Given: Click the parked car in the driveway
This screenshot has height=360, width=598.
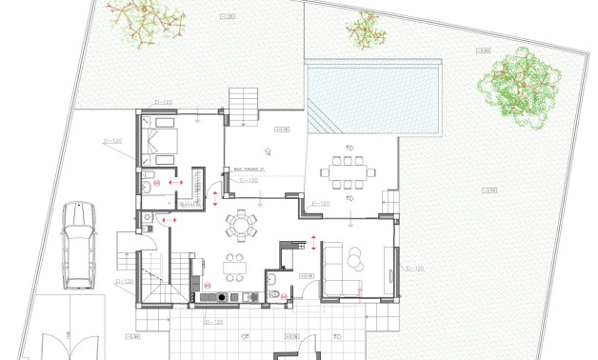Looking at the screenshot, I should [79, 245].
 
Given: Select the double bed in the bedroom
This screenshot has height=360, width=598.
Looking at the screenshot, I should [160, 140].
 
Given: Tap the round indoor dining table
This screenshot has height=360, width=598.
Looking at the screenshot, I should [241, 226].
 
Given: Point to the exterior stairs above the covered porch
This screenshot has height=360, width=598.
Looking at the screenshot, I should [243, 104].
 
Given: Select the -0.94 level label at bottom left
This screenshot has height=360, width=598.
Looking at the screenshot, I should [134, 335].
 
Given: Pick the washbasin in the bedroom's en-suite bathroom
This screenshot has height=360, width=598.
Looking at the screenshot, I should [147, 189].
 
